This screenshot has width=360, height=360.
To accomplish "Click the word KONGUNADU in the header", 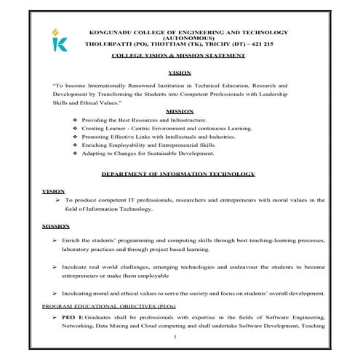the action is click(x=108, y=32).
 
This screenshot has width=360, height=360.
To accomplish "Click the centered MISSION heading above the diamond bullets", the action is click(x=179, y=111).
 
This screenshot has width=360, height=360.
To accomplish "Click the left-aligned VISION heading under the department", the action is click(x=53, y=191).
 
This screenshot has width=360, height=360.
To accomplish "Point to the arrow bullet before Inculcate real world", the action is click(x=55, y=268).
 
